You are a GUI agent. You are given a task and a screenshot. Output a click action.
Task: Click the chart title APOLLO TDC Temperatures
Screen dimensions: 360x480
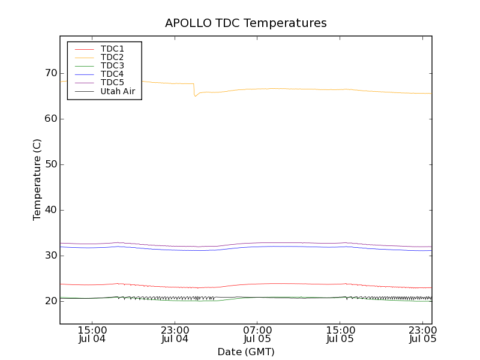[x=246, y=23]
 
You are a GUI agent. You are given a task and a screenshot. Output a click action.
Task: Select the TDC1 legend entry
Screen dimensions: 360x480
[x=112, y=49]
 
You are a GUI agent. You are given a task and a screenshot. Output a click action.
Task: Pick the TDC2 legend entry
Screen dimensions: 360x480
[x=112, y=57]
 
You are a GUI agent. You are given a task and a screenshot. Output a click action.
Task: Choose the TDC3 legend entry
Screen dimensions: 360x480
[x=112, y=65]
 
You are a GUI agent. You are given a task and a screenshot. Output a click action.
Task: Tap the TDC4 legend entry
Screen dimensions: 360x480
[x=112, y=74]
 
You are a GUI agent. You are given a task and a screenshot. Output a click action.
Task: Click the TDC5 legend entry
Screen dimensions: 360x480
[x=112, y=83]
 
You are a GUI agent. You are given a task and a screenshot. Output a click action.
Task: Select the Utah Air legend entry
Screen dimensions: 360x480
[x=118, y=91]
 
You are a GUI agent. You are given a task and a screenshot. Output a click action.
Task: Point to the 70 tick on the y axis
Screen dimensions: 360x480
[x=49, y=73]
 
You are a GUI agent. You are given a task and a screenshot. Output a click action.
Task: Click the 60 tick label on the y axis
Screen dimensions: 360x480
[x=49, y=119]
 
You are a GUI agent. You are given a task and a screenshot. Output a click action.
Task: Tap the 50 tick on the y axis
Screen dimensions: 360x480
[x=49, y=164]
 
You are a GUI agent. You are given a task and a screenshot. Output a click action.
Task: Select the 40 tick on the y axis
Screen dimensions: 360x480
[x=49, y=210]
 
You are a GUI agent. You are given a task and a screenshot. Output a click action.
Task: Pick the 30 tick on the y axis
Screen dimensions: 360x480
[x=49, y=256]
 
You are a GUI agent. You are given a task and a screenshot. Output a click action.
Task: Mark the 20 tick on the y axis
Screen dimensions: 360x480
[x=49, y=301]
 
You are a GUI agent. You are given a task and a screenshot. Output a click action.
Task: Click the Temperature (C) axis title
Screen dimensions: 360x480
[x=37, y=180]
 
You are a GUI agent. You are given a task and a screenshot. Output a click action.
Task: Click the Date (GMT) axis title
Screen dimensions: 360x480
[x=246, y=352]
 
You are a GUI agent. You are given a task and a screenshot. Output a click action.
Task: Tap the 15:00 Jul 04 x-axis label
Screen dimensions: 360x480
[x=92, y=334]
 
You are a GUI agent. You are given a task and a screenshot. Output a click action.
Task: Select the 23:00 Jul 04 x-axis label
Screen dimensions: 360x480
[x=175, y=334]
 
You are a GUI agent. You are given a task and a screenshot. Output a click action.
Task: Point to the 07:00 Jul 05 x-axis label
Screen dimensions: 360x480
[x=257, y=334]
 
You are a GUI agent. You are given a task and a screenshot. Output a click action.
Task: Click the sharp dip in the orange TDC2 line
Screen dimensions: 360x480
[x=195, y=95]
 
